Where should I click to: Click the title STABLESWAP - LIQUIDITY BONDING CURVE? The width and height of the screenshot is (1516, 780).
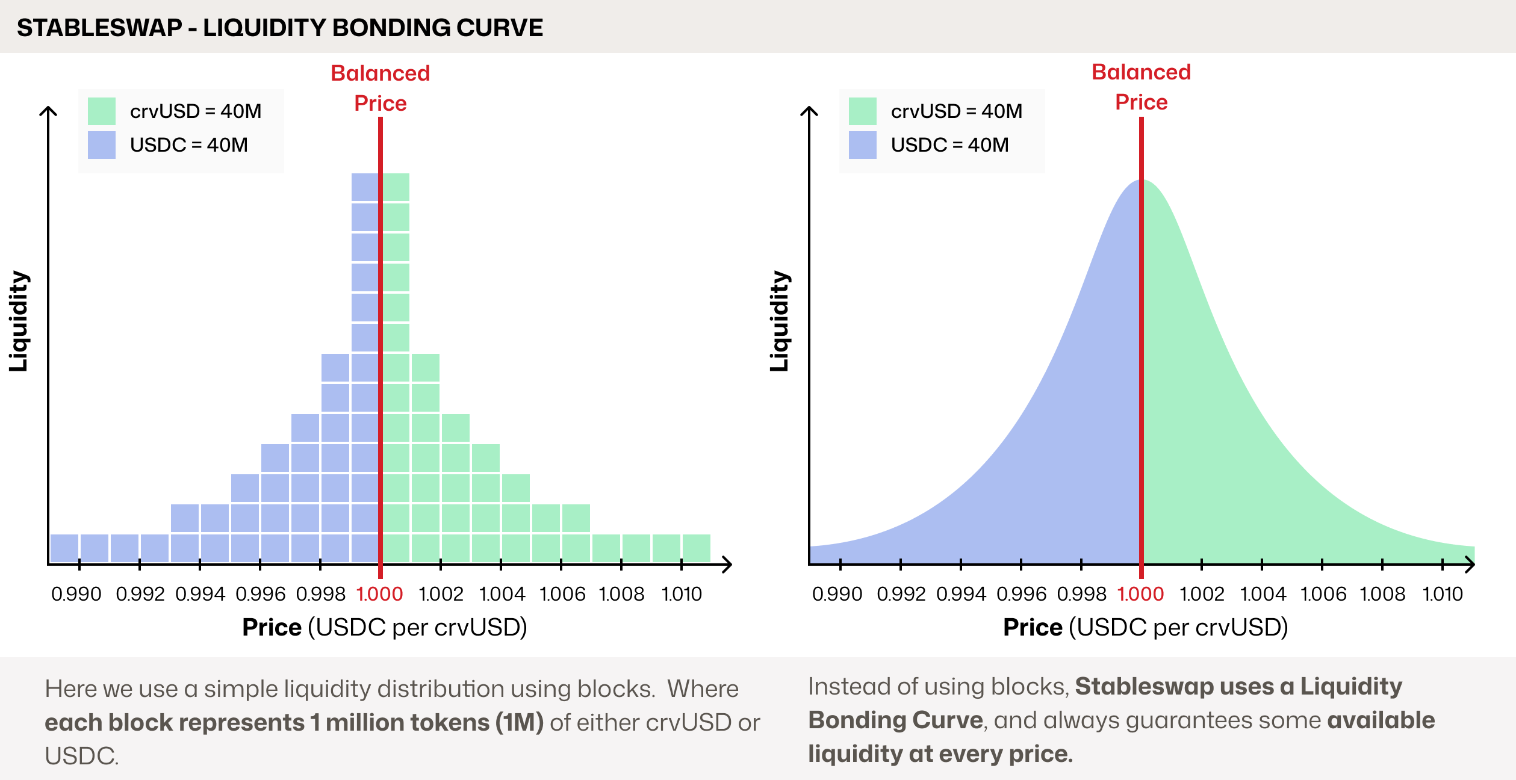click(279, 28)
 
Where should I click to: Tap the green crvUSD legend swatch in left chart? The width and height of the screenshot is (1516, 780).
click(101, 111)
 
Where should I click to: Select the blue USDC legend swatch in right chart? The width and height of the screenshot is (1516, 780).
click(862, 145)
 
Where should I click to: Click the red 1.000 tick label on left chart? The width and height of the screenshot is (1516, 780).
click(379, 594)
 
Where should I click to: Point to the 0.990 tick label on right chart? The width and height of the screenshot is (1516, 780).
click(837, 594)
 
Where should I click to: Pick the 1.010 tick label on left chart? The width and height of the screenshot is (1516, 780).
click(682, 594)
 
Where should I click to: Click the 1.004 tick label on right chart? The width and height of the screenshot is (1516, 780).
click(1263, 594)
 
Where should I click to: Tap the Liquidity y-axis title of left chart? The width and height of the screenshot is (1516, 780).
click(19, 321)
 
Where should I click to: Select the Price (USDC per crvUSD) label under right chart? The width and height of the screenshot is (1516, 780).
click(1145, 627)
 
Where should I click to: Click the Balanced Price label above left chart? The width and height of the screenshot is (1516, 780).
click(381, 88)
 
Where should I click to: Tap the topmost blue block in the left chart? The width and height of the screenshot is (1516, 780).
click(365, 187)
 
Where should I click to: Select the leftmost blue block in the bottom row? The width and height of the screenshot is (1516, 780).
click(64, 548)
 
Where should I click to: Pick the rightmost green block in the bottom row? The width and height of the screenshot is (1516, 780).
click(696, 548)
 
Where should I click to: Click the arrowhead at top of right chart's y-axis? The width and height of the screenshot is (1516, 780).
click(809, 111)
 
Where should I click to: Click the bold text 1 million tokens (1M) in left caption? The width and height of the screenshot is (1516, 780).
click(427, 722)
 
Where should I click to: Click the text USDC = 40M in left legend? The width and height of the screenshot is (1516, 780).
click(188, 145)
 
